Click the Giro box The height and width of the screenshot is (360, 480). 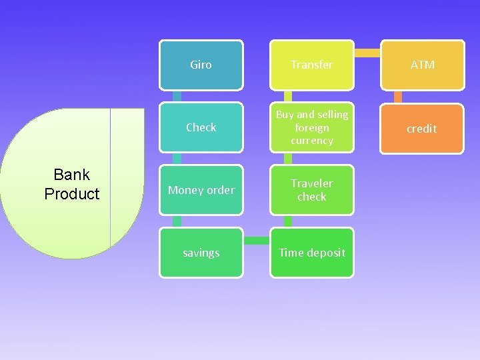click(201, 65)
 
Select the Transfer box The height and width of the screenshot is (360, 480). click(311, 65)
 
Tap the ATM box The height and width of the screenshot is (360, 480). click(422, 65)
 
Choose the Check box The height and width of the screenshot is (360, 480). click(201, 127)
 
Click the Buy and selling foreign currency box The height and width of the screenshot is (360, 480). click(311, 127)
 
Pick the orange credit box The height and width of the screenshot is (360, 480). click(422, 129)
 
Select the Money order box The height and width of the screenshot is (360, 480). click(201, 190)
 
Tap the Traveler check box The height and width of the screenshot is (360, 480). click(311, 190)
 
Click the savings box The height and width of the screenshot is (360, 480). click(201, 253)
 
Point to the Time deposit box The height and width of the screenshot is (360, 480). click(311, 253)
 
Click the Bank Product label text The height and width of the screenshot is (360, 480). click(71, 184)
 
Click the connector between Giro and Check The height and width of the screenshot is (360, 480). click(177, 96)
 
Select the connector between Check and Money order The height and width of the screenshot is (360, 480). click(177, 159)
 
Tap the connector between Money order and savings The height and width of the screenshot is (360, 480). click(177, 221)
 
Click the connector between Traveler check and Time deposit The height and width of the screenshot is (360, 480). click(288, 221)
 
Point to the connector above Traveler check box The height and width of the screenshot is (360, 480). click(288, 159)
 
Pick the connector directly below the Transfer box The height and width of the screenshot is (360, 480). click(288, 96)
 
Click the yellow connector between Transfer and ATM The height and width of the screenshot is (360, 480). click(367, 53)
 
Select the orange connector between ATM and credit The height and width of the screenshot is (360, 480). click(398, 97)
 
